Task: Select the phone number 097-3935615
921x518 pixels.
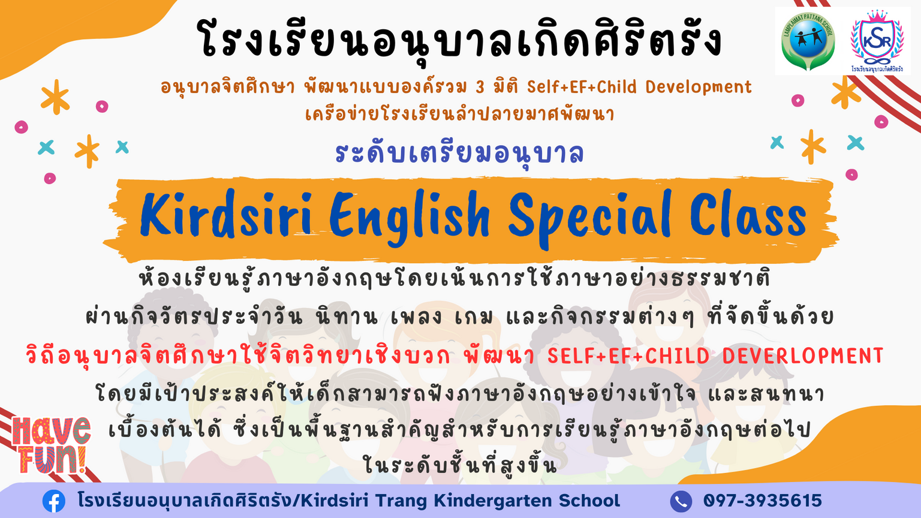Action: [x=762, y=501]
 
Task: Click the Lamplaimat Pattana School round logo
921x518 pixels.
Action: [x=808, y=41]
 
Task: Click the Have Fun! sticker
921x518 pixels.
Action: [x=51, y=445]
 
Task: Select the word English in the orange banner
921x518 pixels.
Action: [x=410, y=218]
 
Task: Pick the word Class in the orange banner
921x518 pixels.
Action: [x=748, y=214]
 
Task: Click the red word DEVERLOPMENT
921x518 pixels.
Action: [x=803, y=356]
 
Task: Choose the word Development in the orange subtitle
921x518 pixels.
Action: [x=699, y=88]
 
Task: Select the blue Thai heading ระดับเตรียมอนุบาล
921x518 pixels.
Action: [x=459, y=153]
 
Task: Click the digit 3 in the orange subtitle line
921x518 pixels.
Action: [x=480, y=88]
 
